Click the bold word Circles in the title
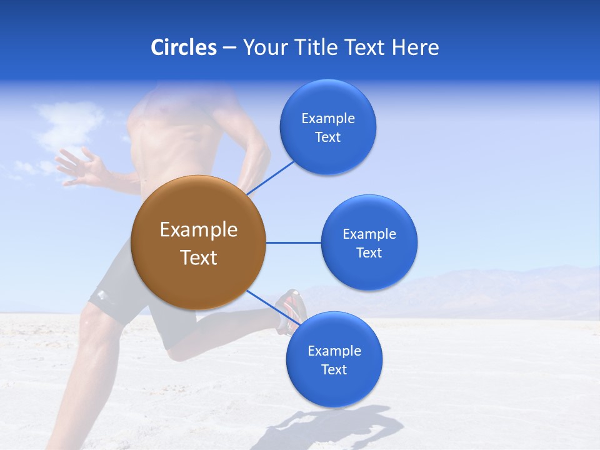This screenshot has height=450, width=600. (x=183, y=47)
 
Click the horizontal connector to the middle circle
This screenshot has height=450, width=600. (x=293, y=242)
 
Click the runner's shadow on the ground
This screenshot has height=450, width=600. (x=337, y=428)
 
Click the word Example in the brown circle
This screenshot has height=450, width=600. (x=198, y=230)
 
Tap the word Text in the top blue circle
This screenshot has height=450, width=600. (x=327, y=137)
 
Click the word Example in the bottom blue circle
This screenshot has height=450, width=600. (x=334, y=351)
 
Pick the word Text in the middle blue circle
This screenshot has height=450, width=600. (x=369, y=252)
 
